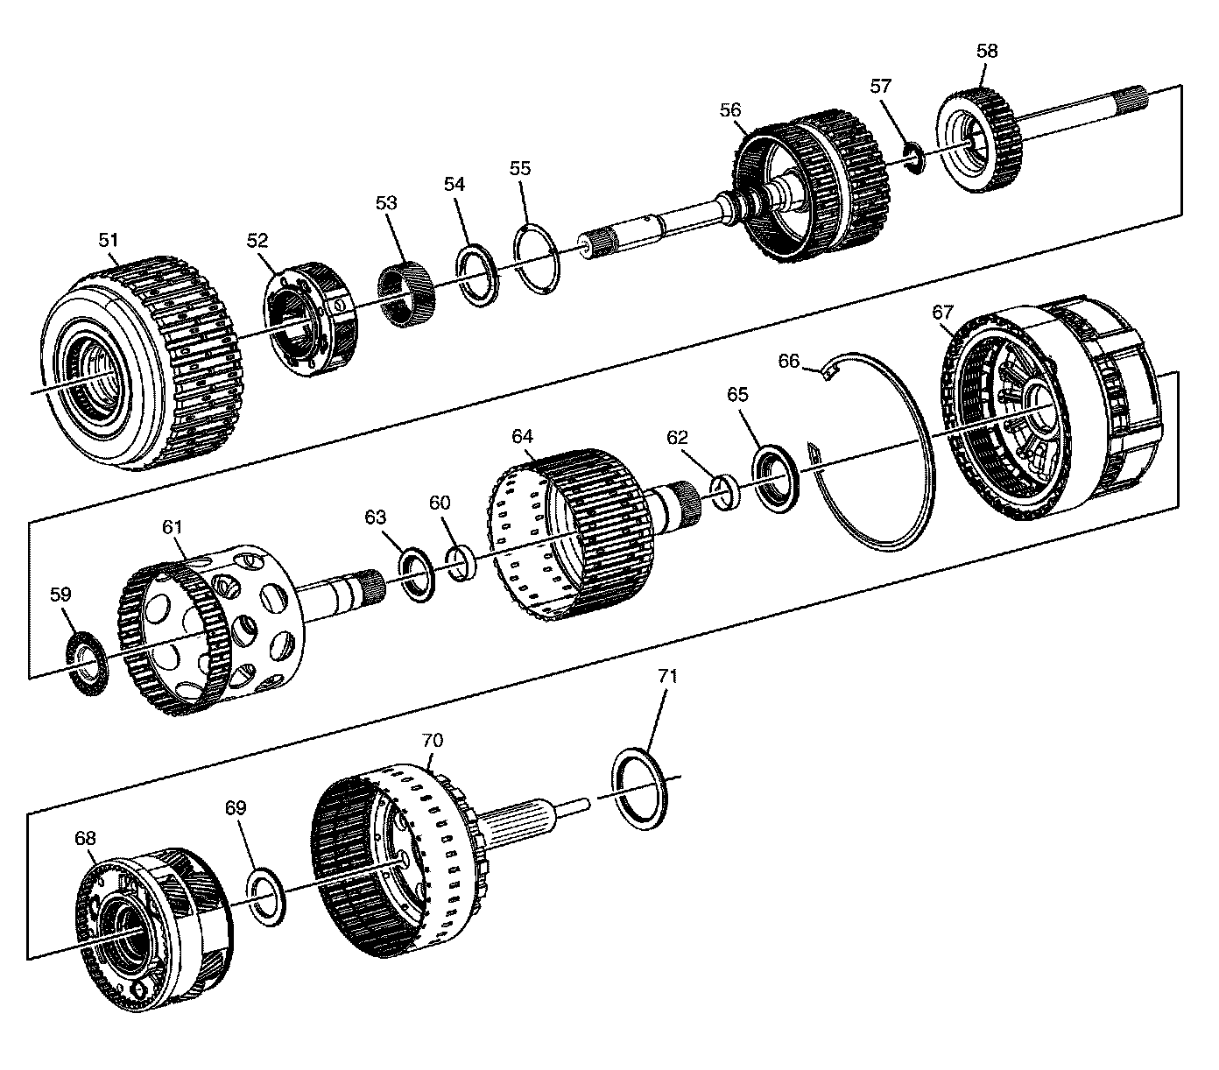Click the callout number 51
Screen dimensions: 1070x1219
109,240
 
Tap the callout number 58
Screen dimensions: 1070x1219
987,51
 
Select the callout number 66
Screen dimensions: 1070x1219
789,361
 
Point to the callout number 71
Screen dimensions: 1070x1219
667,676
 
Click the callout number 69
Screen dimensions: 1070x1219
236,807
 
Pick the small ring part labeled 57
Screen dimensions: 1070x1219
913,159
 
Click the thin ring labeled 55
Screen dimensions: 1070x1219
537,260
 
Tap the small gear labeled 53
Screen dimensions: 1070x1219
404,295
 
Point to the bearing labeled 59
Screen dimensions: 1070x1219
86,664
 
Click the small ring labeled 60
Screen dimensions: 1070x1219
462,564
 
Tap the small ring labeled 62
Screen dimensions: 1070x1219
725,492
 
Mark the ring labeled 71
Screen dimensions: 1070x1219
638,788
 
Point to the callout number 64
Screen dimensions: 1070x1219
523,436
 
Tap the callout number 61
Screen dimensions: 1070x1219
173,526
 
